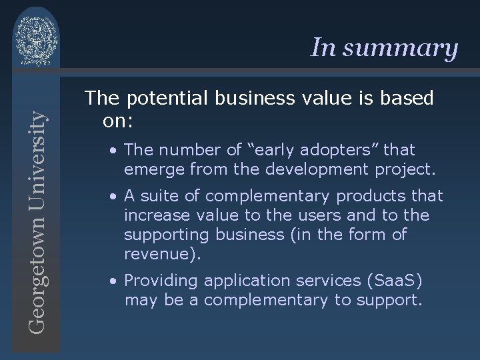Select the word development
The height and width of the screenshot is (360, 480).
[297, 171]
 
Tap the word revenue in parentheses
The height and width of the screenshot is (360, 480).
[155, 254]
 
